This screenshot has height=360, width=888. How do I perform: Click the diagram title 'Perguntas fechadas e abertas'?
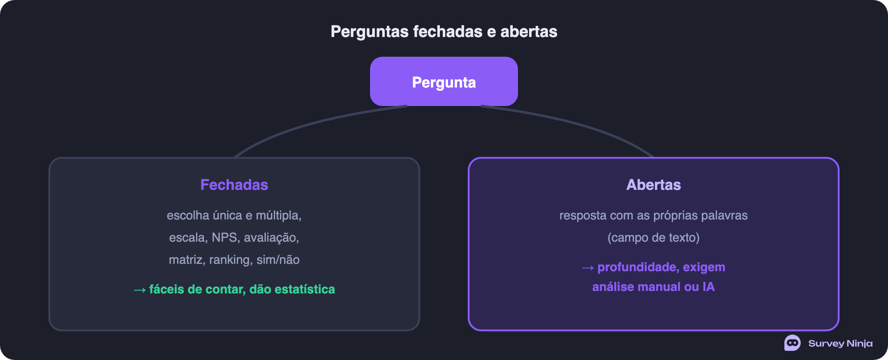(x=444, y=32)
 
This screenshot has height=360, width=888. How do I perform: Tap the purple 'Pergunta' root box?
(x=444, y=81)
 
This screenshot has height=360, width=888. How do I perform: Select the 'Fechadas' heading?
(x=234, y=185)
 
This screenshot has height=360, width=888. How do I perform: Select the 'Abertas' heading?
(x=654, y=185)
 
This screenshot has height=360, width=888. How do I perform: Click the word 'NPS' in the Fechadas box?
(x=224, y=238)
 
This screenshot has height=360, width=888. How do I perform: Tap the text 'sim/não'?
(x=278, y=260)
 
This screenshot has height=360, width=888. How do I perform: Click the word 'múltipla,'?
(x=279, y=215)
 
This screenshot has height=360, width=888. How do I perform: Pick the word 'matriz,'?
(x=187, y=260)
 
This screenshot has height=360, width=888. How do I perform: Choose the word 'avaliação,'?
(x=271, y=238)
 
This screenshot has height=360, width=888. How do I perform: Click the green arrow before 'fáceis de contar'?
(x=140, y=290)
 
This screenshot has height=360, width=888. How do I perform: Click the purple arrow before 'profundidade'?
(x=588, y=268)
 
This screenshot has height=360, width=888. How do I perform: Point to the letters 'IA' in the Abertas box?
(x=709, y=286)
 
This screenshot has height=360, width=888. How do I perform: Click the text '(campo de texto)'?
(x=654, y=238)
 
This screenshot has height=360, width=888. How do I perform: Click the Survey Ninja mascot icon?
(x=792, y=343)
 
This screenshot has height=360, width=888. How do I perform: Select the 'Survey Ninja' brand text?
(x=840, y=343)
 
